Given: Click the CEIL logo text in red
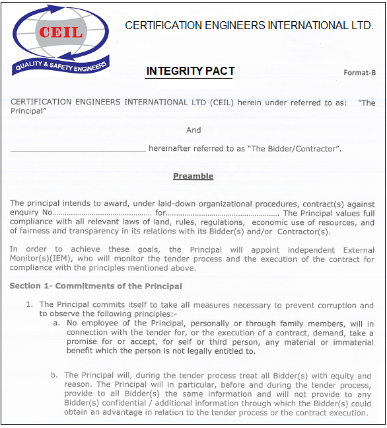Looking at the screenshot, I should [x=61, y=32].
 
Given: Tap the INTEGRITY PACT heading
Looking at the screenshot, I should [x=190, y=71].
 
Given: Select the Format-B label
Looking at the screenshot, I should [x=359, y=72].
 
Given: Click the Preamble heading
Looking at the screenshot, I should [x=193, y=176].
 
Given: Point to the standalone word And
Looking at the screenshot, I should [x=194, y=130].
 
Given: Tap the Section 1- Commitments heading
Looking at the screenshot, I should [x=96, y=286].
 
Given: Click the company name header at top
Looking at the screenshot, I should [x=249, y=26].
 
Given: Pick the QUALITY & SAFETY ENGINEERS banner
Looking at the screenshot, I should [x=61, y=64].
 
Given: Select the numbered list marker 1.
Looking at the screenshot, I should [x=29, y=304].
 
